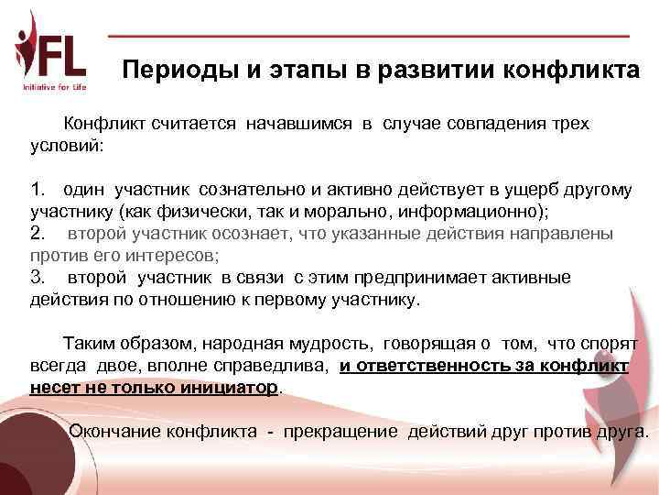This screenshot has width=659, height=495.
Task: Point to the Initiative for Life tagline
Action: coord(54,87)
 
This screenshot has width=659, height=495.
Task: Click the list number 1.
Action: coord(37,190)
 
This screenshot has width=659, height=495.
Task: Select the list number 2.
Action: coord(37,234)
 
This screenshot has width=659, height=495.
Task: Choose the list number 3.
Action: coord(37,277)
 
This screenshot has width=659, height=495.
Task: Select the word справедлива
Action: coord(276,366)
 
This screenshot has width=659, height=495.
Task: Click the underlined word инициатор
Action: coord(234,387)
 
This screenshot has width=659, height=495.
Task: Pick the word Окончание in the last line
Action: coord(116,431)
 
